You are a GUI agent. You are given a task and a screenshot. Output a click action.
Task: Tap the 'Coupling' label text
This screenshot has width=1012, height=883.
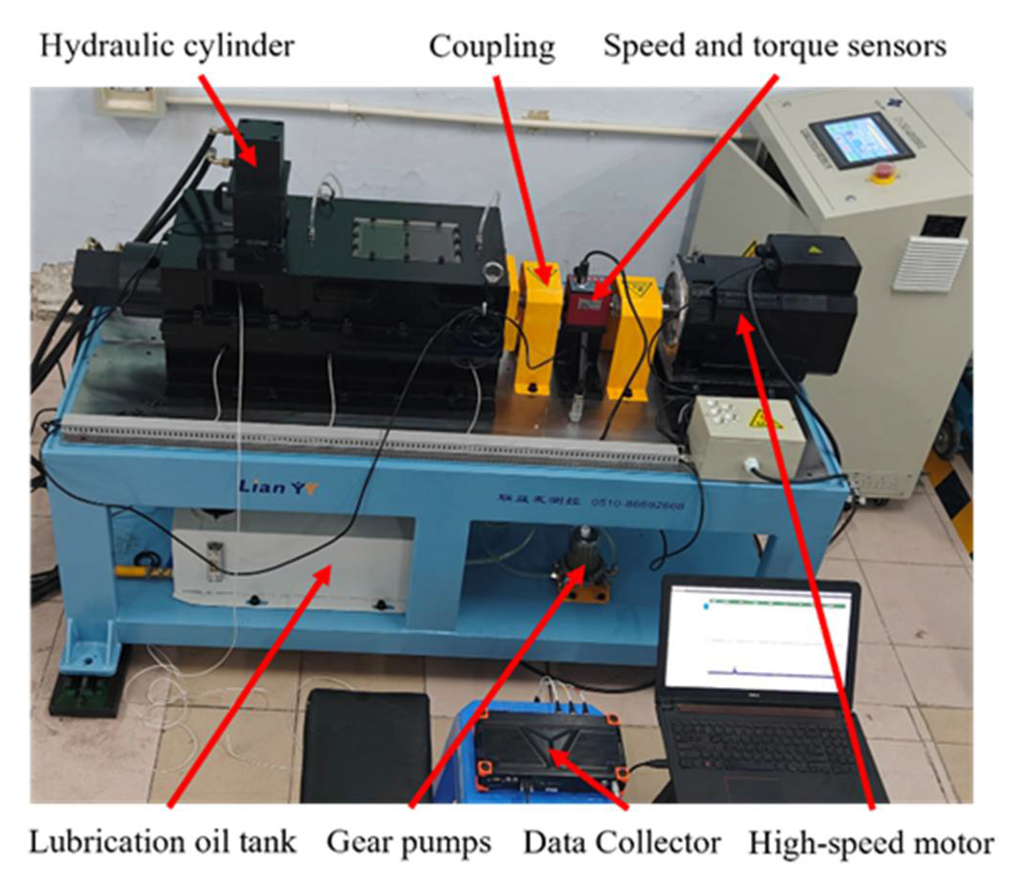pos(492,48)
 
